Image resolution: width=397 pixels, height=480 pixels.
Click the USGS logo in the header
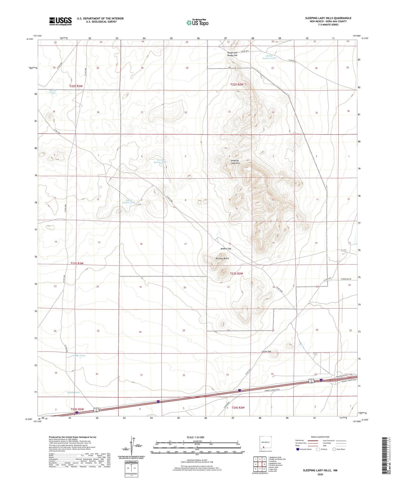click(60, 21)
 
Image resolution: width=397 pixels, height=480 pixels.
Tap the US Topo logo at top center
click(197, 23)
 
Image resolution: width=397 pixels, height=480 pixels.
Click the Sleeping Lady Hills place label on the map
click(235, 162)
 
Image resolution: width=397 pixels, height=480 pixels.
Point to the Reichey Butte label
click(222, 258)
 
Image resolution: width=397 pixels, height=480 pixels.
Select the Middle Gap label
click(226, 249)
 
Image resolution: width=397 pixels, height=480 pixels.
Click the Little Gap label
click(266, 352)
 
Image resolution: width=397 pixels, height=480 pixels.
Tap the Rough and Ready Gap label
click(232, 54)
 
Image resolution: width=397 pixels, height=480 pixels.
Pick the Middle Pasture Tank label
click(269, 57)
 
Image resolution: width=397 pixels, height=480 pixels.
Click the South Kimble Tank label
click(129, 201)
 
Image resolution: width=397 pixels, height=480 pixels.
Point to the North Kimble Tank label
click(162, 161)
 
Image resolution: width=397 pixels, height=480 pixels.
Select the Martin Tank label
click(53, 92)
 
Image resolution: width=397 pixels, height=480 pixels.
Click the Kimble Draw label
click(74, 392)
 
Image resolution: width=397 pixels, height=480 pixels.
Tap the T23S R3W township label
click(77, 263)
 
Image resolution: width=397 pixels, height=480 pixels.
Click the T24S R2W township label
click(238, 408)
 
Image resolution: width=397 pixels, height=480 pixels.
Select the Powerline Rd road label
click(346, 279)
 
